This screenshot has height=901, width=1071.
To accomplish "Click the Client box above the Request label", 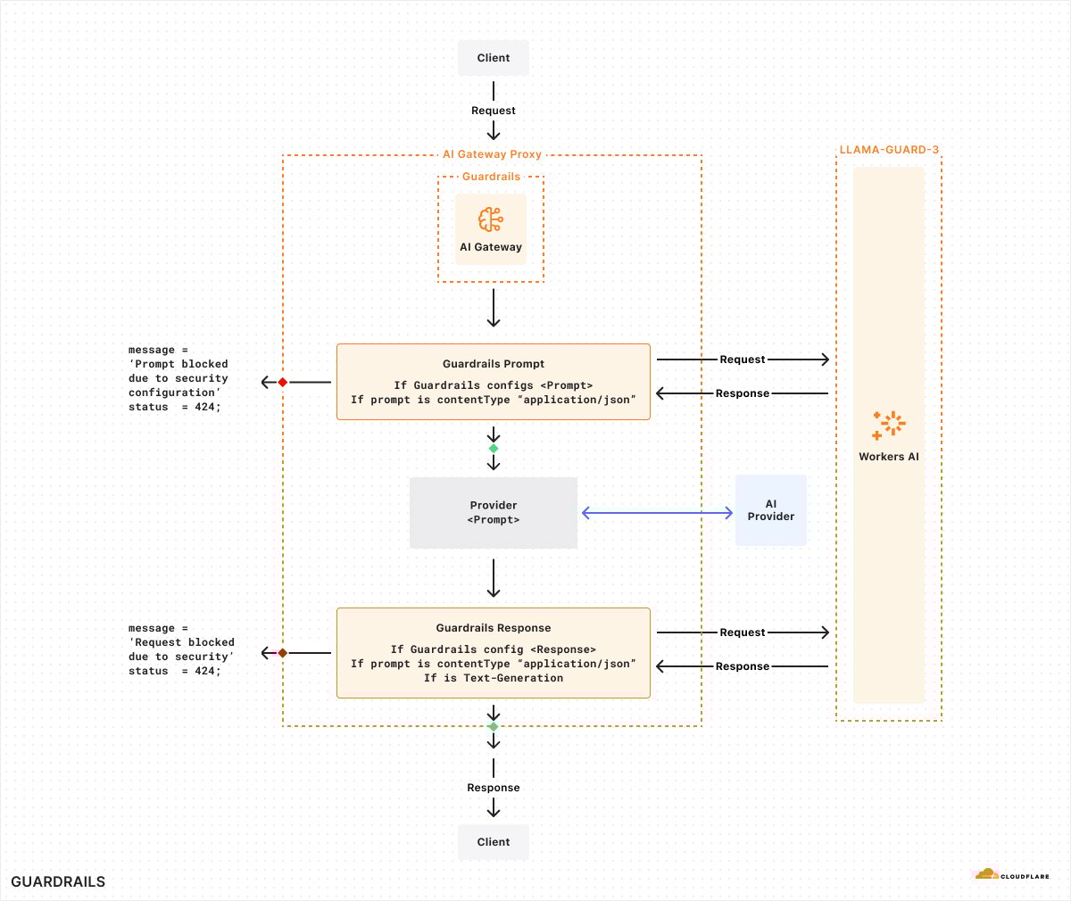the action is (493, 58).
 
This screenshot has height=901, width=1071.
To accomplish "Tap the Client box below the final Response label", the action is (493, 841).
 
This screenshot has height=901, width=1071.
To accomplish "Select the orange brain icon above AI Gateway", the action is (491, 219).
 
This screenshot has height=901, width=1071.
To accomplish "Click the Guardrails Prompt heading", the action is (493, 364).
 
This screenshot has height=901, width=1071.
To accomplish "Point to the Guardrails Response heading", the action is (493, 628).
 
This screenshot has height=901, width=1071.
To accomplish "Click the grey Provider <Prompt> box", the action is (493, 513).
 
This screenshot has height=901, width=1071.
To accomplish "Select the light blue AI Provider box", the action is (770, 510).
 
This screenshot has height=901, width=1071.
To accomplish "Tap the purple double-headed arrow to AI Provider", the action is (657, 512).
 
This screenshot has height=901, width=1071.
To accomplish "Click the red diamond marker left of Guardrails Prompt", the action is (283, 382).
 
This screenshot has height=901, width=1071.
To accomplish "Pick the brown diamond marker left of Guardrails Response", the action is (283, 653).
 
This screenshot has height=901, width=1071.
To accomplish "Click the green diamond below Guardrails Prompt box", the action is (494, 449).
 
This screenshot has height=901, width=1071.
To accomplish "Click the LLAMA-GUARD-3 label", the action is (889, 150).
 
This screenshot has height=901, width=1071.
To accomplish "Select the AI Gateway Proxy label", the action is (492, 153).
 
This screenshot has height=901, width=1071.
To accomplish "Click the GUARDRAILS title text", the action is (58, 881).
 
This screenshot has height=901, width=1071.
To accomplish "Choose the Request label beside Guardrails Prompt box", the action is (743, 360).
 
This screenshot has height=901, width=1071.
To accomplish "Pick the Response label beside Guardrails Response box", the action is (743, 666).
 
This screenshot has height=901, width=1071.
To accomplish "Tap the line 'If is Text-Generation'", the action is (493, 678).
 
